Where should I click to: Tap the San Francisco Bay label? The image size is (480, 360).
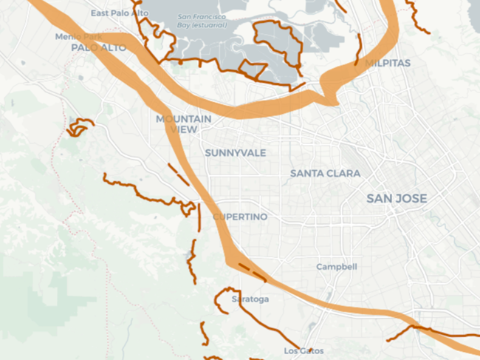(x=202, y=21)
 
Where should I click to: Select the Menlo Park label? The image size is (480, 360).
(x=78, y=36)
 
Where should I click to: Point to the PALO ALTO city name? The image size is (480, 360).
(x=98, y=47)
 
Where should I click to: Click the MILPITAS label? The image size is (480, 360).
(x=387, y=64)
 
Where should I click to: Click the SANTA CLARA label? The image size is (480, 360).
(x=325, y=174)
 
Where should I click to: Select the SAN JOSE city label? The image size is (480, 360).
(x=397, y=199)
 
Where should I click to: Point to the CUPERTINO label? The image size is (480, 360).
(x=240, y=217)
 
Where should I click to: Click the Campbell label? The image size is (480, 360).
(x=337, y=267)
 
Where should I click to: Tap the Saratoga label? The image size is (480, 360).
(x=250, y=299)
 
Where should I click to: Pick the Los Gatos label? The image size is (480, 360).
(x=304, y=350)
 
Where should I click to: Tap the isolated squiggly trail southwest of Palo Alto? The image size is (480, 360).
(x=80, y=126)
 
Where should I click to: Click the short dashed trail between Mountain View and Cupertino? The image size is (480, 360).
(x=177, y=174)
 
